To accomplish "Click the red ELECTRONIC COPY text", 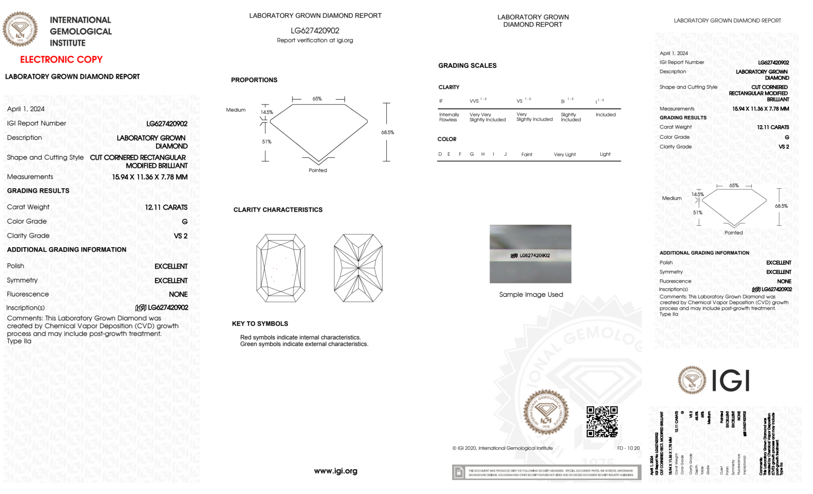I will pyautogui.click(x=61, y=59).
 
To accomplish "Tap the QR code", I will pyautogui.click(x=602, y=421).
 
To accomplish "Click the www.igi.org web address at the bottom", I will pyautogui.click(x=336, y=471).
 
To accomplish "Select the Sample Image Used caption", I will pyautogui.click(x=531, y=294).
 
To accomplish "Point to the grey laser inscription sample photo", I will pyautogui.click(x=530, y=254).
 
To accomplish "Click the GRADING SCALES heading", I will pyautogui.click(x=467, y=65).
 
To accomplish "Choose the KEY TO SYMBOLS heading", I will pyautogui.click(x=260, y=324).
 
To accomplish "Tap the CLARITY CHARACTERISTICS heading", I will pyautogui.click(x=278, y=210).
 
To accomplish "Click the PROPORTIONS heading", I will pyautogui.click(x=254, y=80).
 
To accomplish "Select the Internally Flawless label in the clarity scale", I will pyautogui.click(x=449, y=117).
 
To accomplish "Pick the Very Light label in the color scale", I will pyautogui.click(x=565, y=155).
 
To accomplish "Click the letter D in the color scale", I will pyautogui.click(x=440, y=154).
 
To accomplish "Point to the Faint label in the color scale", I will pyautogui.click(x=527, y=155).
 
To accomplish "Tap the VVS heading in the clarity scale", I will pyautogui.click(x=474, y=101).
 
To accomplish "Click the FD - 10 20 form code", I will pyautogui.click(x=628, y=448).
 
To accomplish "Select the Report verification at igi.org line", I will pyautogui.click(x=315, y=40).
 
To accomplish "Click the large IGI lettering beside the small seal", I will pyautogui.click(x=731, y=381).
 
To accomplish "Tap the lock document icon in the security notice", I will pyautogui.click(x=459, y=472).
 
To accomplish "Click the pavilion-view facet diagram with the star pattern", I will pyautogui.click(x=358, y=268).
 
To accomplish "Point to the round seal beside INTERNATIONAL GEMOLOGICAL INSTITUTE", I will pyautogui.click(x=20, y=29).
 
